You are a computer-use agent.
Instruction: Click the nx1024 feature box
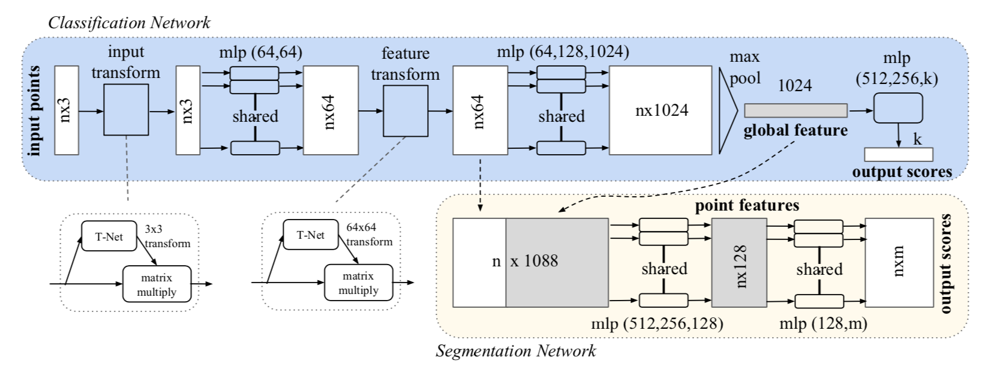661,111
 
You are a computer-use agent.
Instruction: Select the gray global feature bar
795,110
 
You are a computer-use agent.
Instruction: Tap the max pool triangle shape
727,111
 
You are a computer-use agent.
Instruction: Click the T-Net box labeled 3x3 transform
109,236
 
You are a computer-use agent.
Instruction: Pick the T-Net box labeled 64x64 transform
310,235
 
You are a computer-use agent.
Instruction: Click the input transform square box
126,110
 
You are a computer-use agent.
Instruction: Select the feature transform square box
406,111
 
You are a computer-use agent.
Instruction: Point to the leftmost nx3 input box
66,110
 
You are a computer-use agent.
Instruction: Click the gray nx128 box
739,263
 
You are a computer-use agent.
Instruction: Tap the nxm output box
899,263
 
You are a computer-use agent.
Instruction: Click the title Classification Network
129,23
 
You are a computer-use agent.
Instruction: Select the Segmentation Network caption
516,350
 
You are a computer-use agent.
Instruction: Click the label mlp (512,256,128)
657,324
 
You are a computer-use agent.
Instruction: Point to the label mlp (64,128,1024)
563,52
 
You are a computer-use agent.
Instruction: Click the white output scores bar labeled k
898,154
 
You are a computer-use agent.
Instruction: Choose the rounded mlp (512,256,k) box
897,109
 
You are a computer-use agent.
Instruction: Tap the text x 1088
534,261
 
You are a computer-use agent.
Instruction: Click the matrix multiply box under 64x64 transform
358,283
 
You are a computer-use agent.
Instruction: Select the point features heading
747,206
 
